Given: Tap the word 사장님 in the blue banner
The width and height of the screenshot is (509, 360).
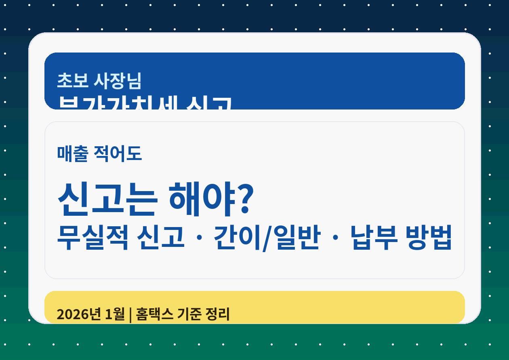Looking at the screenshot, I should [117, 81].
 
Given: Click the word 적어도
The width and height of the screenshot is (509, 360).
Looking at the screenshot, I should [118, 154].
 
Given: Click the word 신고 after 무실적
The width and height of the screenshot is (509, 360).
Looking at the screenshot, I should [160, 238].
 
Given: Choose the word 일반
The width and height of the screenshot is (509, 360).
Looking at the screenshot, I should [297, 238].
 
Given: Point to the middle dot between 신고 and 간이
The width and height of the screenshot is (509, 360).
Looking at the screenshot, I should [199, 238].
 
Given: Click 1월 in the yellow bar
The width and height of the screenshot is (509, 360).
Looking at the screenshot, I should [115, 314].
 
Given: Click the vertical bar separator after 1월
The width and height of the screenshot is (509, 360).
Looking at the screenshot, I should [130, 314].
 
